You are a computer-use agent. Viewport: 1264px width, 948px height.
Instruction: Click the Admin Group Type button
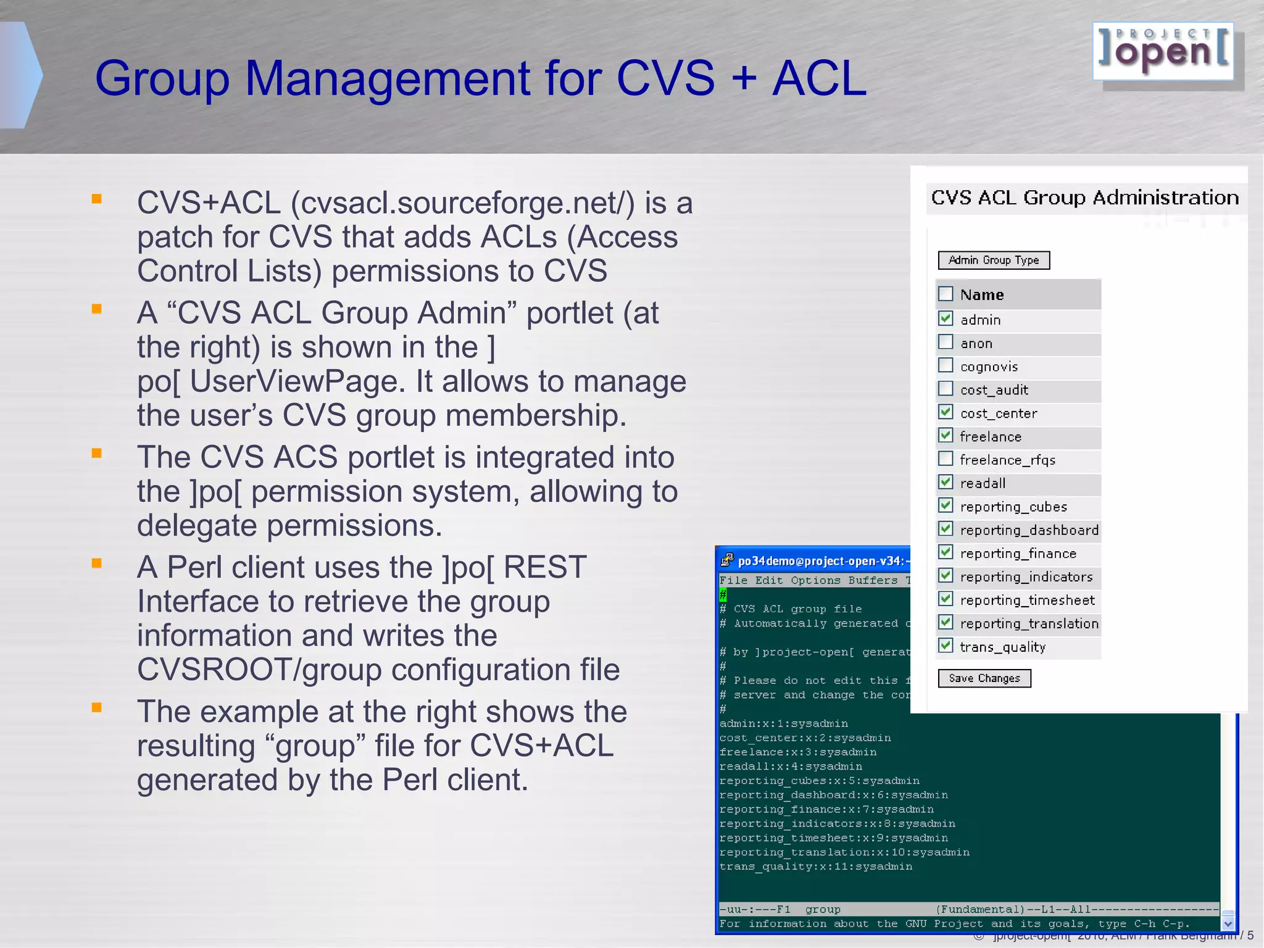tap(993, 260)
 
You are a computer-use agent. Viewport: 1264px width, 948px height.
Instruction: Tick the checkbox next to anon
tap(946, 342)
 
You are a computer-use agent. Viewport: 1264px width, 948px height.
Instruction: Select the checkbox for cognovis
tap(946, 365)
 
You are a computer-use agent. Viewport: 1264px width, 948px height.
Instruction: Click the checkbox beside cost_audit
tap(946, 389)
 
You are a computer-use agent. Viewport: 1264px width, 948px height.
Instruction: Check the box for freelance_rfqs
tap(946, 459)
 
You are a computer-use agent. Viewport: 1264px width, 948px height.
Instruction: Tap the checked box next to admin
tap(946, 318)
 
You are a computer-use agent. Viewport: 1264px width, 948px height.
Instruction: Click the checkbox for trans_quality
tap(946, 646)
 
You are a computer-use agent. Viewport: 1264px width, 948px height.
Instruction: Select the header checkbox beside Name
tap(946, 294)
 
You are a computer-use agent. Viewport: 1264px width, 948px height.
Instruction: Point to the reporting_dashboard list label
tap(1029, 530)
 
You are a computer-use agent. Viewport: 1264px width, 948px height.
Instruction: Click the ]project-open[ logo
tap(1163, 52)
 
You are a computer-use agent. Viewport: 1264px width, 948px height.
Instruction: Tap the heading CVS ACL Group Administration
tap(1084, 198)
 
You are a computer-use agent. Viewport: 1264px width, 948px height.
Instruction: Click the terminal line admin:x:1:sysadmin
tap(783, 723)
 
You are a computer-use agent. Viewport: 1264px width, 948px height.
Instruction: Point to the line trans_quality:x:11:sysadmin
tap(815, 867)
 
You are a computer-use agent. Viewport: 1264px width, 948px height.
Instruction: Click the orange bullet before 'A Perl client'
tap(96, 563)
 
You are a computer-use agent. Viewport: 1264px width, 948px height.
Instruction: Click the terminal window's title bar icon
tap(727, 560)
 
